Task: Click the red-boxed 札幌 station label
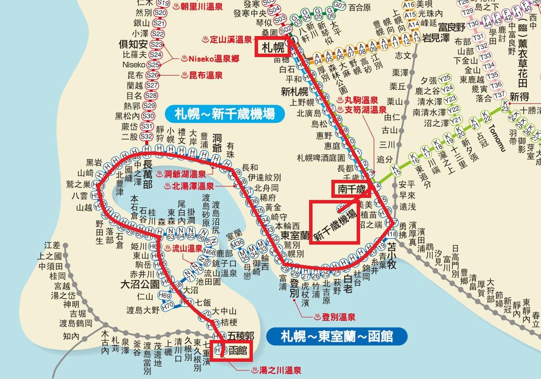point(271,47)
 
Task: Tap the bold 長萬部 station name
point(148,172)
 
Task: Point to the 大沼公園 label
point(140,285)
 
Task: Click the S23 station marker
point(156,44)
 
